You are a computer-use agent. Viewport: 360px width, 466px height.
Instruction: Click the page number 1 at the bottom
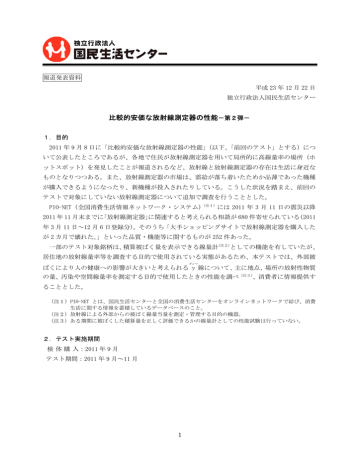pos(180,435)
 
